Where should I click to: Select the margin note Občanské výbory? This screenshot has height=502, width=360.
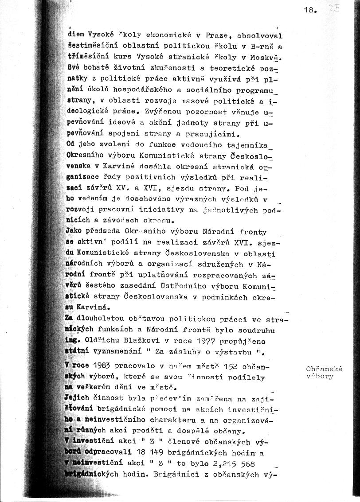(324, 373)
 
